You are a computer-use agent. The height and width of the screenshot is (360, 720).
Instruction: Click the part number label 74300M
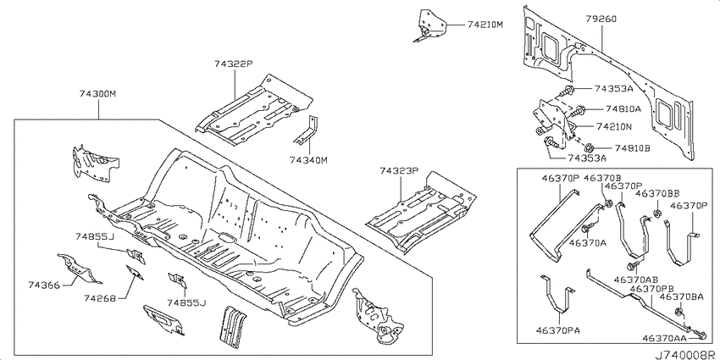tap(97, 95)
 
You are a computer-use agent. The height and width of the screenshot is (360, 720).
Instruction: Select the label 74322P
tap(233, 64)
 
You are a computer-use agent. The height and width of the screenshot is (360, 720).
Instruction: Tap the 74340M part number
tap(309, 160)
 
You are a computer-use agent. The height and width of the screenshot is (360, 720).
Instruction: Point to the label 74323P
tap(399, 171)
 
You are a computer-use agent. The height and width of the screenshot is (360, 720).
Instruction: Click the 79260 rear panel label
tap(601, 19)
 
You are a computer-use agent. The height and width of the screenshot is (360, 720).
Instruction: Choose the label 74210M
tap(485, 25)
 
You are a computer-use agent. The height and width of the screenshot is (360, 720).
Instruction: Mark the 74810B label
tap(633, 148)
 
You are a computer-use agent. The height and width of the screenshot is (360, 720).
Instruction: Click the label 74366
tap(45, 285)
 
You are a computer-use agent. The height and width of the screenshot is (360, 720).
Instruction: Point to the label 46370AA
tap(664, 339)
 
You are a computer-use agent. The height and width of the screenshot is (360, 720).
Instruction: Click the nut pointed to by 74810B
tap(590, 148)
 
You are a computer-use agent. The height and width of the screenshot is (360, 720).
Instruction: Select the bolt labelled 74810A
tap(579, 110)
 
